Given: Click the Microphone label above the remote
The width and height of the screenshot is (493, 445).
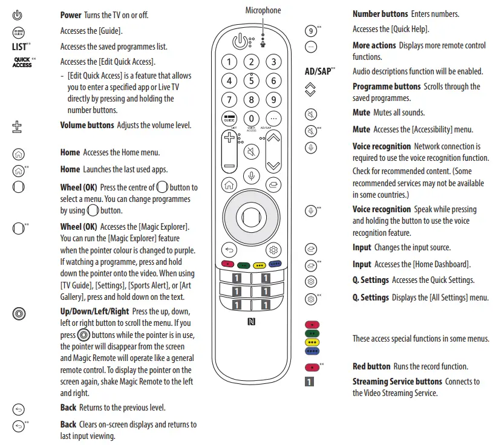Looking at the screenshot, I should [263, 10].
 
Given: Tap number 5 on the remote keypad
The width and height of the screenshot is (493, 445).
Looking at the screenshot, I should [251, 80].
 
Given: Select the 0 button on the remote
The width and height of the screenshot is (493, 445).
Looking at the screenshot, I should [251, 119].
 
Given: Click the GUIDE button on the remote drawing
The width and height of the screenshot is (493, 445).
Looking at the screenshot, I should [229, 119].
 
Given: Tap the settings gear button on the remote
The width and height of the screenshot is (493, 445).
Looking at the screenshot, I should [273, 249].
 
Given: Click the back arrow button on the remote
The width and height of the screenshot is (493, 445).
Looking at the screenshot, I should [229, 249].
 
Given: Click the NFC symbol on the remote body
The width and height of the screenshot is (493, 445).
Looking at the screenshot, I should [251, 322].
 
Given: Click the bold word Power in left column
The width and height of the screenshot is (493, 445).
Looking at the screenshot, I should [71, 15].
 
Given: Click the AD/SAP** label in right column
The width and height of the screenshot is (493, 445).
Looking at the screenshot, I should [320, 71].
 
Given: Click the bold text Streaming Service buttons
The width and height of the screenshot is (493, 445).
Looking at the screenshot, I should [397, 382].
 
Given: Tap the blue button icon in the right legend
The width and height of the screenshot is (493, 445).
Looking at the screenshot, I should [313, 351].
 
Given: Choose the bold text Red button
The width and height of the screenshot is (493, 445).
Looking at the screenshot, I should [371, 366].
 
